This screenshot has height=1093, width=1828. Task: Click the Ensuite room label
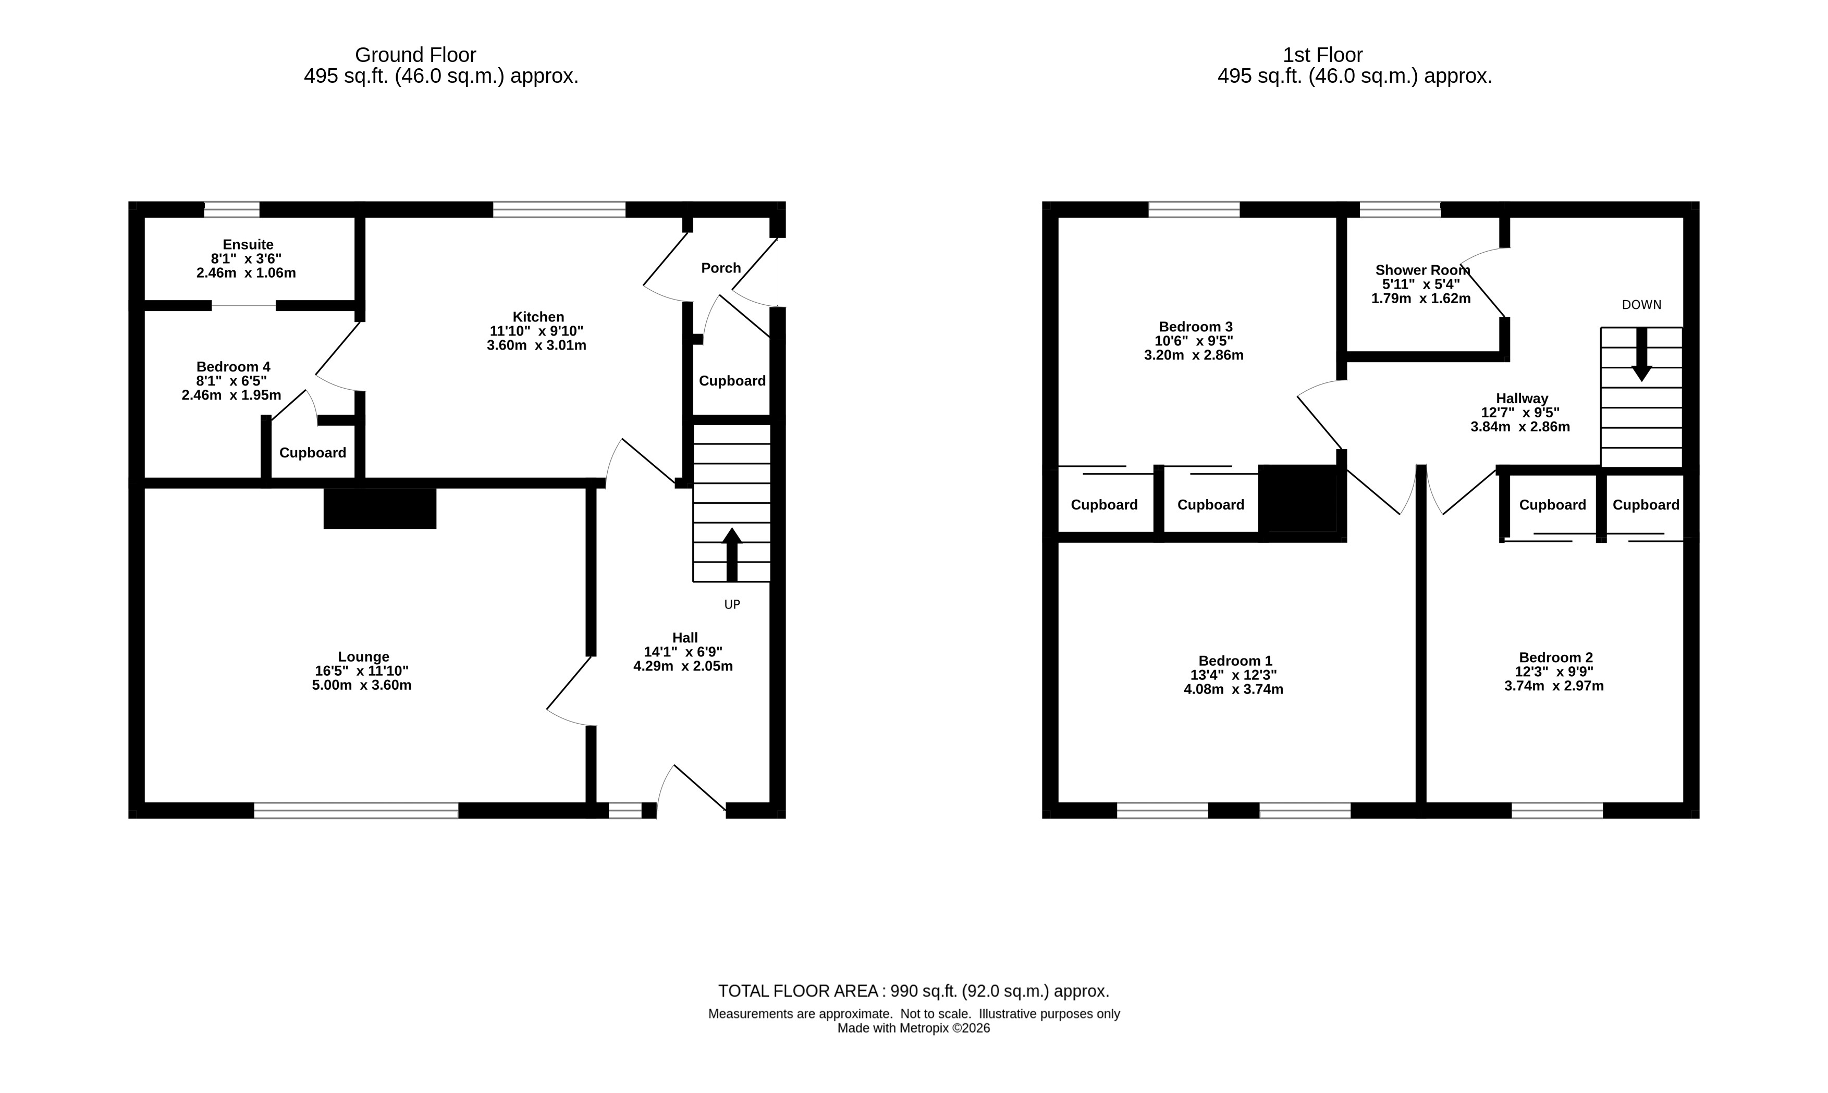[248, 244]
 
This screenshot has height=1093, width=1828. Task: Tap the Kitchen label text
[538, 317]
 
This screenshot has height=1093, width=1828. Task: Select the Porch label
[720, 268]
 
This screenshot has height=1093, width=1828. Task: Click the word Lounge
[363, 657]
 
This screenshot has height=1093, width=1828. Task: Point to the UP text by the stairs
[732, 605]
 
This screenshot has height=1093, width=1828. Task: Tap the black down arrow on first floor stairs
[1641, 354]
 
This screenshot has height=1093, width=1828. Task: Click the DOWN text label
[1641, 305]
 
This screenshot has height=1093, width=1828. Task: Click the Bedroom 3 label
[1195, 327]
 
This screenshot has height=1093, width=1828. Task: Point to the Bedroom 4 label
[233, 367]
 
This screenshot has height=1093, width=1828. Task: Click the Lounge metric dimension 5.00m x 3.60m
[361, 686]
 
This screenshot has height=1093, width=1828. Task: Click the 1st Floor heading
[1322, 55]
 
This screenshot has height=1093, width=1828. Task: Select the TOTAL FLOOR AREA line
[914, 991]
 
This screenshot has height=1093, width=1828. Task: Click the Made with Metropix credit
[914, 1028]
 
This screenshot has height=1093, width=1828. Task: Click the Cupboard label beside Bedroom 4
[312, 453]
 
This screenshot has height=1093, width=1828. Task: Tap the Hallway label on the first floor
[1522, 399]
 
